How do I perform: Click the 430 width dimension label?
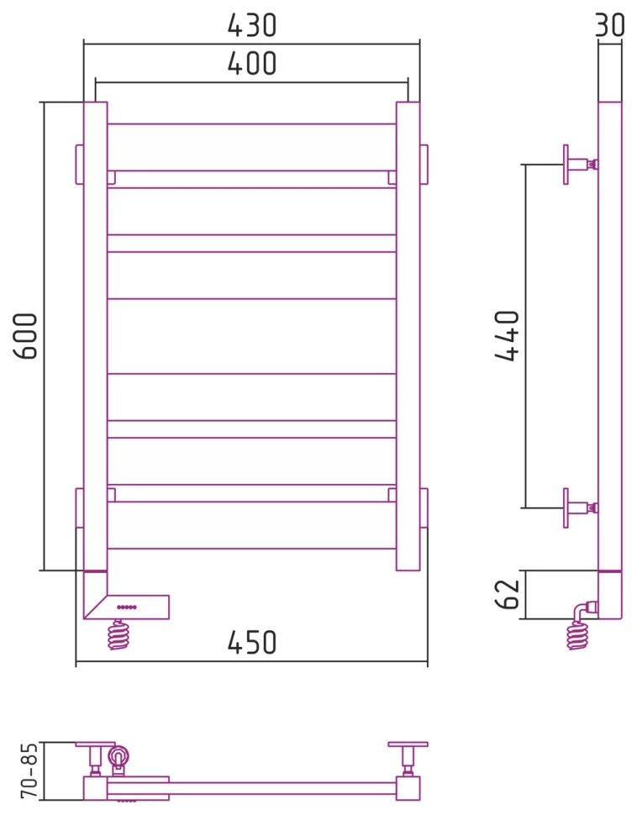tap(251, 25)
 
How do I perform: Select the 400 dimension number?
tap(251, 63)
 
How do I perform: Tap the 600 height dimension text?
tap(25, 336)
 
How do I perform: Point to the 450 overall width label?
tap(251, 643)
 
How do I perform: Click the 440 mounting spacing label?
tap(507, 336)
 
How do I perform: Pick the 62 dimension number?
tap(507, 594)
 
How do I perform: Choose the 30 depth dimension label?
tap(609, 24)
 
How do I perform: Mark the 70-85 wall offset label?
tap(29, 770)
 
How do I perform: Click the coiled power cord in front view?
tap(119, 635)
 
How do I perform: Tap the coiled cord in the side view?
tap(576, 636)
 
